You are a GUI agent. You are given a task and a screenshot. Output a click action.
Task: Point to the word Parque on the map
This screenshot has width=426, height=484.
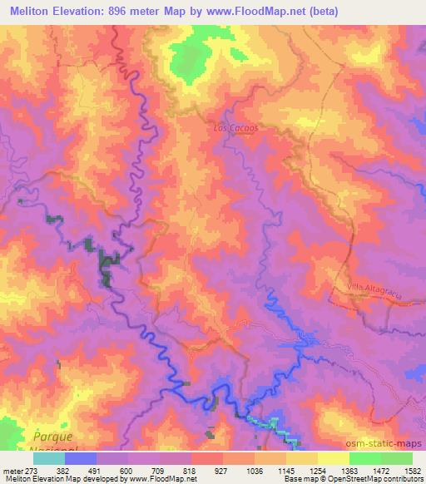click(x=54, y=435)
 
